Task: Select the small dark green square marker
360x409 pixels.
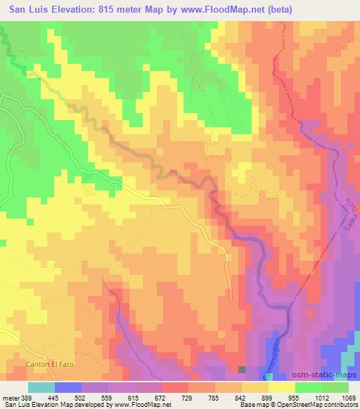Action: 242,369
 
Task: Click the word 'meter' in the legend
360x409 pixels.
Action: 10,397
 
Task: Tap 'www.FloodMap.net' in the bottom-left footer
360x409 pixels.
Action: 133,405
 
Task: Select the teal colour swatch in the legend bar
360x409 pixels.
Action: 41,387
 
